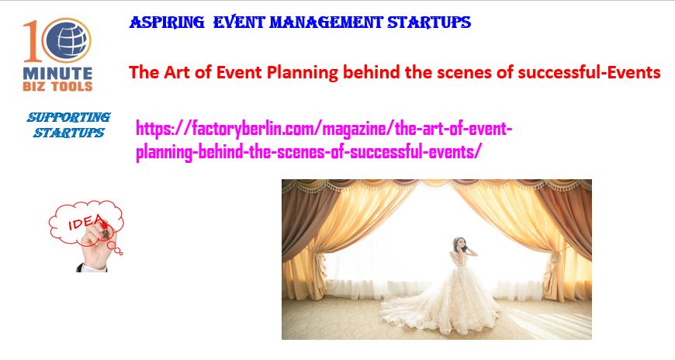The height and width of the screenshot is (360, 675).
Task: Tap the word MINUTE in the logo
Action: [57, 73]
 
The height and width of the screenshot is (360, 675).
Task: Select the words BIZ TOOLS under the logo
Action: [57, 87]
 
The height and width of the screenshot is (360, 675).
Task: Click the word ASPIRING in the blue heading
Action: [167, 22]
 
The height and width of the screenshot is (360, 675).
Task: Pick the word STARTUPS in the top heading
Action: [429, 22]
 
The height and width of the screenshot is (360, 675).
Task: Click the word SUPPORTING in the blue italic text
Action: [69, 117]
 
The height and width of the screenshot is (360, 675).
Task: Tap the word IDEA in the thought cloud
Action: [86, 222]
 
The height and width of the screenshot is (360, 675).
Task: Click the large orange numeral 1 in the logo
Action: [33, 41]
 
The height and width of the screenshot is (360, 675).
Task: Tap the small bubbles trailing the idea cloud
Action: [116, 248]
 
